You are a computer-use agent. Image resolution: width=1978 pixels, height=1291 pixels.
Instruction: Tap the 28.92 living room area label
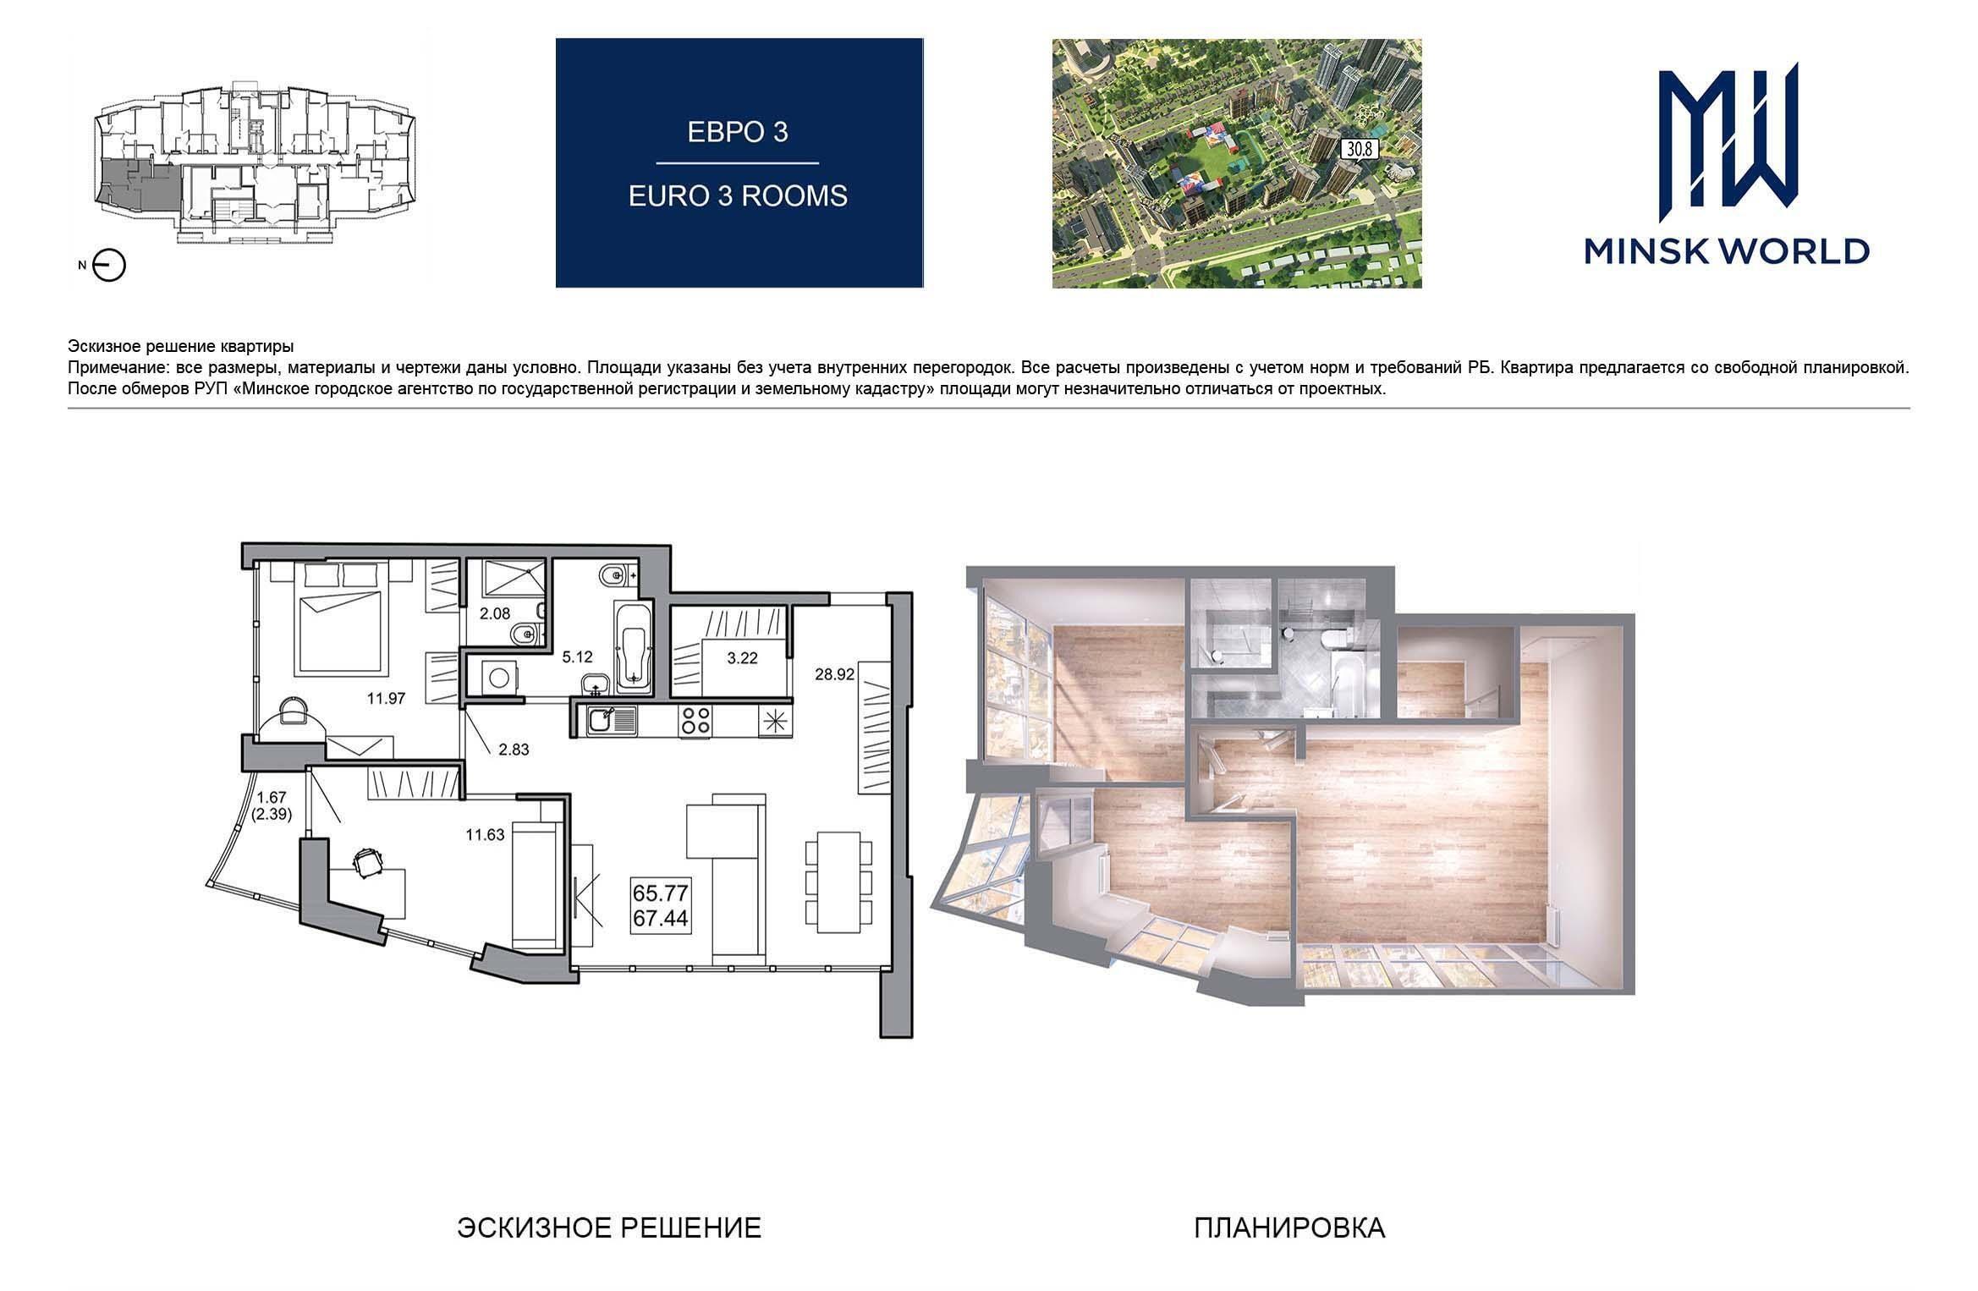[833, 674]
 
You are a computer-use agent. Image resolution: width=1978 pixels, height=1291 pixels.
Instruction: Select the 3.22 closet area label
[742, 658]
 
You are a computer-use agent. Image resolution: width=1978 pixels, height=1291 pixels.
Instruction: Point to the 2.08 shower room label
[495, 613]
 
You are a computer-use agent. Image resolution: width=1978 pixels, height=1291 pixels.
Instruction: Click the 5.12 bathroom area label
[578, 656]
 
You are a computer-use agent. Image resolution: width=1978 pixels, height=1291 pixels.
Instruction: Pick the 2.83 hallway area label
[514, 749]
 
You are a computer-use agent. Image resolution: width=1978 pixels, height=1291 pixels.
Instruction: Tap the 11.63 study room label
[485, 835]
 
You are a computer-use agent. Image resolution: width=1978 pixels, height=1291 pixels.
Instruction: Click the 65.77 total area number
[662, 893]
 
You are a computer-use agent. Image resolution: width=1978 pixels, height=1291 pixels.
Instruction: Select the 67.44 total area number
[662, 919]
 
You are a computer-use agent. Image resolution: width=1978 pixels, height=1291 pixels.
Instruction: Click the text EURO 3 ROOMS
[738, 195]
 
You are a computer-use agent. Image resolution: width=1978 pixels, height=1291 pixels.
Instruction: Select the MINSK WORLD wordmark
[1727, 251]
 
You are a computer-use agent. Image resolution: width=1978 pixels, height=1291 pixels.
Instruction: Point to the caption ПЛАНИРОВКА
[1289, 1228]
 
